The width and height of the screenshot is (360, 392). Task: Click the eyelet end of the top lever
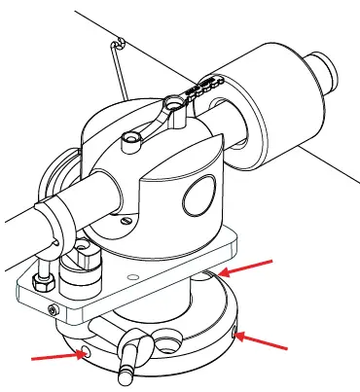(x=172, y=100)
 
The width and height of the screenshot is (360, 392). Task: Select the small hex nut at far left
(x=43, y=279)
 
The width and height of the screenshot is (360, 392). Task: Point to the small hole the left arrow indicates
(x=87, y=352)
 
